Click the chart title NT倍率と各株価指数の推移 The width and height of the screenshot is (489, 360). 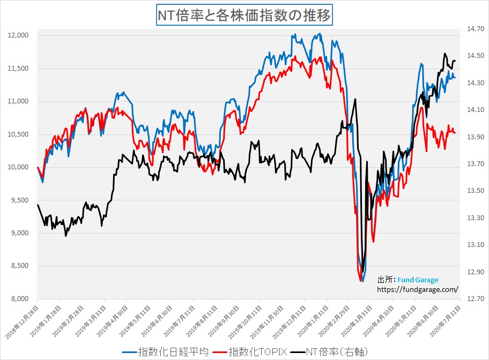(x=244, y=15)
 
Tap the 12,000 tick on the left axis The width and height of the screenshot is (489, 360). (x=20, y=35)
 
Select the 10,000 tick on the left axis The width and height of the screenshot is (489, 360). (x=20, y=167)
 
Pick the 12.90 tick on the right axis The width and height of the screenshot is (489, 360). (x=476, y=272)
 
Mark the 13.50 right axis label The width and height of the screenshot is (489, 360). (x=476, y=191)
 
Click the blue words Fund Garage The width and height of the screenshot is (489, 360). (x=418, y=280)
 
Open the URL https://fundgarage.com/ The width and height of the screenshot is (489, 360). (x=418, y=289)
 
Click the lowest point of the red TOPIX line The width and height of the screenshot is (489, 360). (x=360, y=281)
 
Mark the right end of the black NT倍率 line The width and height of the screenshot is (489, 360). (x=455, y=61)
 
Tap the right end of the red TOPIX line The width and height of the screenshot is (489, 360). (x=455, y=133)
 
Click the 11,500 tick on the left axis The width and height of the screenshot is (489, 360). (x=20, y=69)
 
